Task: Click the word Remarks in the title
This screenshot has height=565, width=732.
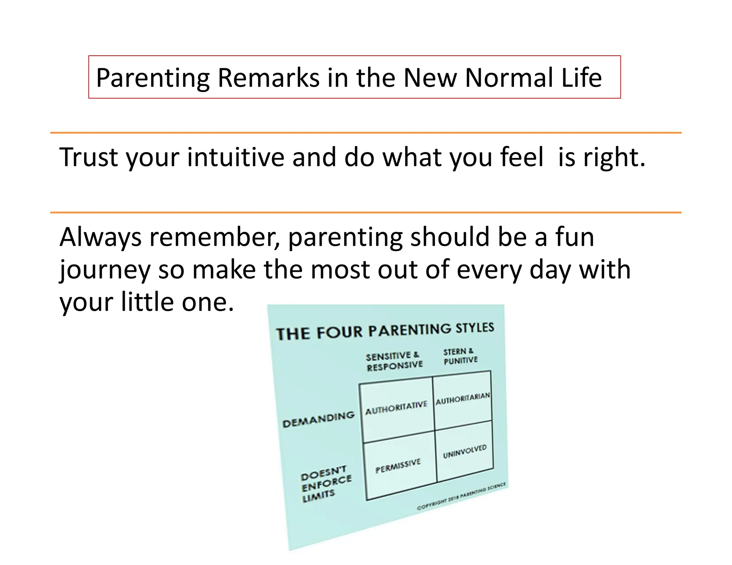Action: pos(268,77)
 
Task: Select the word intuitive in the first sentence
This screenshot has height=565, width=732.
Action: pos(236,157)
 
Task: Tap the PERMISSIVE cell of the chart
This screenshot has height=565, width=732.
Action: pos(398,466)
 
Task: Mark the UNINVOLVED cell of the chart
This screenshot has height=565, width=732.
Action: pos(465,451)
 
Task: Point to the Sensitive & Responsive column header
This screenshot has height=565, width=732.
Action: pos(394,361)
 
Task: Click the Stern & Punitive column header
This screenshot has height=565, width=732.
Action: pos(460,356)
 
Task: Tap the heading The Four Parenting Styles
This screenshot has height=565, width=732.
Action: pos(385,331)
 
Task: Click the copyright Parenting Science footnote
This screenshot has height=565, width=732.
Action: pos(461,496)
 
